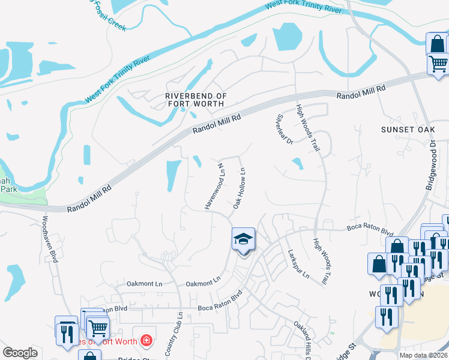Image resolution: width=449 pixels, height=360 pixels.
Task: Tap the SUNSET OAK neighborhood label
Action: coord(406,130)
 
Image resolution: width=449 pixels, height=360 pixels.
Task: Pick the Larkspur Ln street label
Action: coord(298,265)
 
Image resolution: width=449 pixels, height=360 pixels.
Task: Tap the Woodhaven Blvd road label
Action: coord(49,239)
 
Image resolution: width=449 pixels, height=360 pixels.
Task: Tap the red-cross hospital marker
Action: coord(146,341)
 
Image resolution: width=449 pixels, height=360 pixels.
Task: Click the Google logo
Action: coord(20,353)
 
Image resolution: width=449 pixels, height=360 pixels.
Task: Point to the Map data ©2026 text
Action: coord(423,355)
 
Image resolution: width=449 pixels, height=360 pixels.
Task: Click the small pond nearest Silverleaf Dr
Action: coord(297,163)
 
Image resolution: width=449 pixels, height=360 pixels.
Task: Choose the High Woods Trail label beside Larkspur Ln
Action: coord(320,262)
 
